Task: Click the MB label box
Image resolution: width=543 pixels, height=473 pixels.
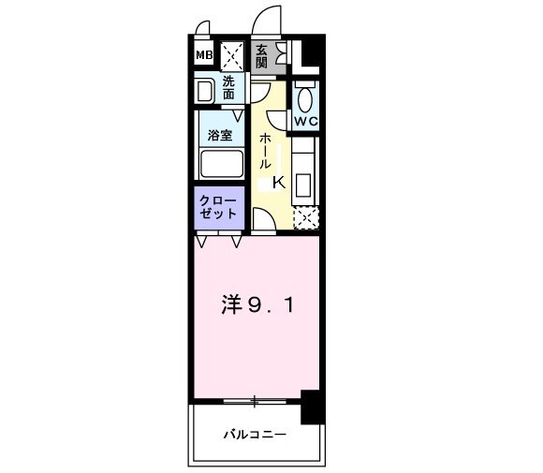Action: (x=203, y=55)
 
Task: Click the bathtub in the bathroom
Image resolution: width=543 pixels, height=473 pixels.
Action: (x=221, y=166)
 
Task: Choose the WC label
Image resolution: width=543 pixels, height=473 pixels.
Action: (x=305, y=122)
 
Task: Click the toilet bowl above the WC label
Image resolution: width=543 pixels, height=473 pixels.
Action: (x=305, y=96)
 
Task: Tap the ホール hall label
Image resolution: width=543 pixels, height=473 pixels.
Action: (x=266, y=150)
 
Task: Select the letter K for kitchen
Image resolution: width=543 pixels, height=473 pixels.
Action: (x=279, y=183)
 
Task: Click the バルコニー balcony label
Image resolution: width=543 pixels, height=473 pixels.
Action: (x=255, y=435)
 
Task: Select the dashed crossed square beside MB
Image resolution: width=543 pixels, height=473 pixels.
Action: (x=231, y=55)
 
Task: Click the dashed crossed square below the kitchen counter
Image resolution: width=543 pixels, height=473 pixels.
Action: (x=306, y=218)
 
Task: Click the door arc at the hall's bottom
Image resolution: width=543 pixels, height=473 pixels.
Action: (x=263, y=219)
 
